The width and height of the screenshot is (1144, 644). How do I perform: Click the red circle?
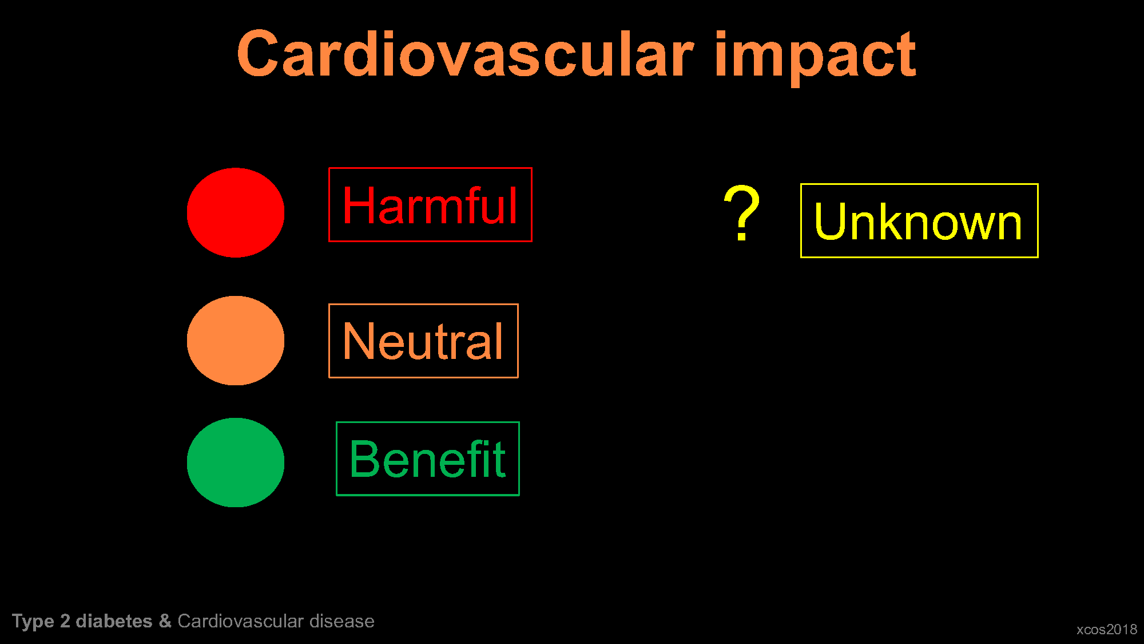click(x=236, y=212)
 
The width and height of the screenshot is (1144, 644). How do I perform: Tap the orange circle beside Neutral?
click(x=236, y=341)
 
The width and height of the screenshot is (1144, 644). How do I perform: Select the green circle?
click(x=236, y=463)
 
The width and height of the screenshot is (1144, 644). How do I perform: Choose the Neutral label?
click(x=423, y=341)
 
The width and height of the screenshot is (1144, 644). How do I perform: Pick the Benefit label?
click(x=428, y=459)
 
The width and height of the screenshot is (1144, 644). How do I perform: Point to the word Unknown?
click(x=919, y=222)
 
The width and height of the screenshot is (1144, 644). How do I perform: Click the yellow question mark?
click(x=742, y=212)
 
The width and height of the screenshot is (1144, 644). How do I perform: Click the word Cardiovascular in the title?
click(x=465, y=54)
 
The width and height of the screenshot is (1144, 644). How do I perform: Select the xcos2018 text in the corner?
click(x=1107, y=630)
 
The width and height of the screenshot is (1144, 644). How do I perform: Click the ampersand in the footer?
click(x=165, y=621)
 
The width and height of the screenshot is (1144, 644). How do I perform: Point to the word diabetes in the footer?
click(x=114, y=621)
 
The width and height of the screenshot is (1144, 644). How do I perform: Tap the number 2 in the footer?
click(x=65, y=621)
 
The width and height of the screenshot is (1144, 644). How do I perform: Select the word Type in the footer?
click(x=33, y=622)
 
